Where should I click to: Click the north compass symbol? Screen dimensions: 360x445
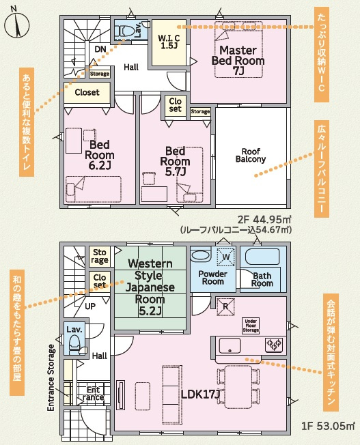17,25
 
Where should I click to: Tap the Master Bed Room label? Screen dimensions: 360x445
238,61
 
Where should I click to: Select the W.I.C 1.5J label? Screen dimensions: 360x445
169,42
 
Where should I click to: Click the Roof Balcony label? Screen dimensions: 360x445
251,155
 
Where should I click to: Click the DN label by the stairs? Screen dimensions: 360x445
100,49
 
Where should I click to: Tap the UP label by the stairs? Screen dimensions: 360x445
90,306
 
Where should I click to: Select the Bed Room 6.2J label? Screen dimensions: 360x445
100,155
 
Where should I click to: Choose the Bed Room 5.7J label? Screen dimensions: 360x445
175,161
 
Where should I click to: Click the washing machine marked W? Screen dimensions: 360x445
226,257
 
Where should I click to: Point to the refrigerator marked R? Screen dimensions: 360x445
225,306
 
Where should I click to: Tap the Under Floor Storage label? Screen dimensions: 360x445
251,326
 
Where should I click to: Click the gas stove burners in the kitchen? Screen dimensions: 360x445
274,345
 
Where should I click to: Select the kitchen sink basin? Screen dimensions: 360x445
230,345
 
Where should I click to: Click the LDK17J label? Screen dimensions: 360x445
201,394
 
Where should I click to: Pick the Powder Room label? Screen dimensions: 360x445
213,278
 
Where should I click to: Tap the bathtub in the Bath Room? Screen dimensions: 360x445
262,257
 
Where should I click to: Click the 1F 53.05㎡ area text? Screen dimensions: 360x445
328,426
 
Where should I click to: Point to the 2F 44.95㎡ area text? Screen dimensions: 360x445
264,219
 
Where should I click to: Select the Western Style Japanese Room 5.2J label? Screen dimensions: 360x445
150,287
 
